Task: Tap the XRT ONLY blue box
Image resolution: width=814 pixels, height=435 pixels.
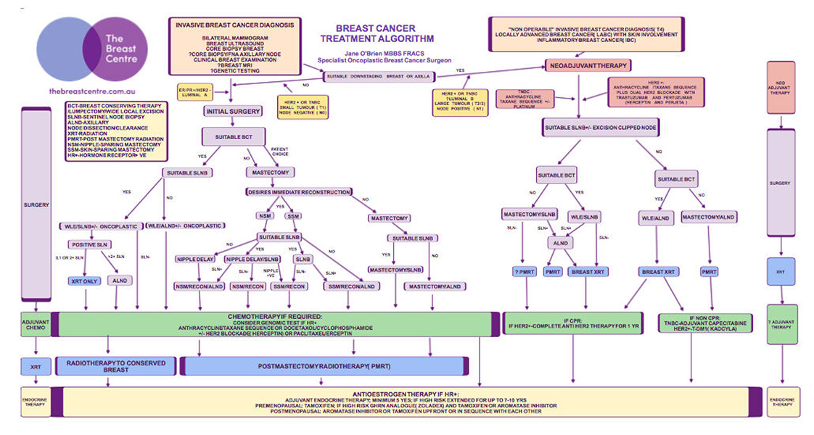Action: click(86, 280)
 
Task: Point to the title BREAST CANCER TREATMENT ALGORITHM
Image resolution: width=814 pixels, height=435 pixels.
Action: click(387, 33)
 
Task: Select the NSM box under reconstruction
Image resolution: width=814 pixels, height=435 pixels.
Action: click(264, 216)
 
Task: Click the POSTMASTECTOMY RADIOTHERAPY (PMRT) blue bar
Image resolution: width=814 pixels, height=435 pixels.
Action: click(324, 366)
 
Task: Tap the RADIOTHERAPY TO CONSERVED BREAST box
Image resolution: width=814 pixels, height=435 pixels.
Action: click(116, 366)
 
